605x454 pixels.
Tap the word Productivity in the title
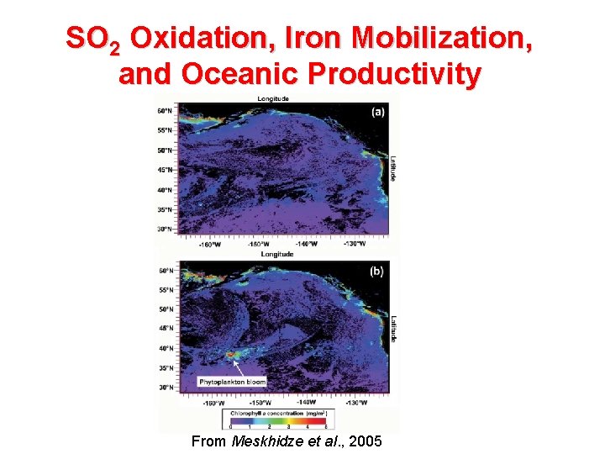tap(395, 74)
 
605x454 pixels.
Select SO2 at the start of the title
tap(94, 40)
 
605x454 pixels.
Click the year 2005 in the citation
tap(364, 441)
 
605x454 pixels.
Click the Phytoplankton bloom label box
tap(233, 382)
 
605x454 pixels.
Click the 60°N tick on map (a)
tap(165, 111)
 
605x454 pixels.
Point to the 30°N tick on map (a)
tap(165, 229)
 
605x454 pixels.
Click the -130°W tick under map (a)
tap(354, 245)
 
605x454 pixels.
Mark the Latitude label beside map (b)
tap(392, 328)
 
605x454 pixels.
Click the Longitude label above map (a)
tap(273, 98)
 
